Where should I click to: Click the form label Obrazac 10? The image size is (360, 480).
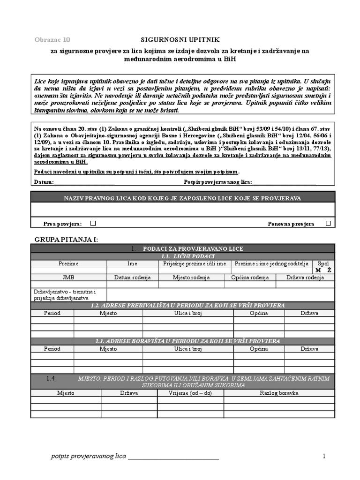[52, 40]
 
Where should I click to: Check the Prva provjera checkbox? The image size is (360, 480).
[93, 224]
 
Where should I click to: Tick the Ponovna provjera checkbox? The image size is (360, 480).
[328, 224]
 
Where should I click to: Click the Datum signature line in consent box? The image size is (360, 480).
[84, 182]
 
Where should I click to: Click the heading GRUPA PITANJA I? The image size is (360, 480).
[66, 240]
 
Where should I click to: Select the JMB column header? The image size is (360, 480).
[68, 277]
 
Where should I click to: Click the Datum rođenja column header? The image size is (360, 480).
[132, 277]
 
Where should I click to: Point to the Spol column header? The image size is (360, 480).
[323, 264]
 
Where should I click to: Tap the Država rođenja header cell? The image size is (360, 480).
[305, 277]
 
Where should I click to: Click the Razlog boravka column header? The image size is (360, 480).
[279, 393]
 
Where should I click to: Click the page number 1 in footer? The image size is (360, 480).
[323, 456]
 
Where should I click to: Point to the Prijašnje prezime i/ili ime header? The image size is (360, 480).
[195, 264]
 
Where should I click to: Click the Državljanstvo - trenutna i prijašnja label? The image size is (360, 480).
[65, 295]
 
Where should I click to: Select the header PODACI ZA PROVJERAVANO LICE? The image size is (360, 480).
[193, 248]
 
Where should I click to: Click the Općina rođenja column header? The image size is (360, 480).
[250, 277]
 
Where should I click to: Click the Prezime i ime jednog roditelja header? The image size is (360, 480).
[272, 264]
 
